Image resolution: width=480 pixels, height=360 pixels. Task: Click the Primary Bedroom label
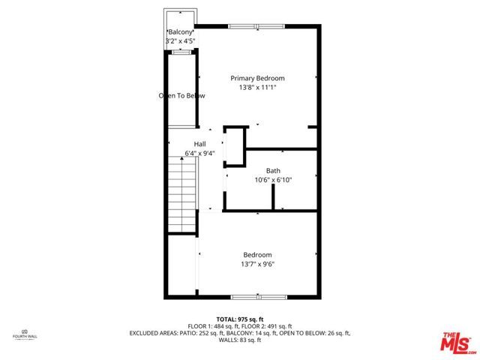[x=257, y=78]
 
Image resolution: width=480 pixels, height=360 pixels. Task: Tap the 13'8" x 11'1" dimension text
[x=257, y=88]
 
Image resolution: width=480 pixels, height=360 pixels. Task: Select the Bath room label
[x=273, y=170]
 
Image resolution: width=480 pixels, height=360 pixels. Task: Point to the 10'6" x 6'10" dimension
[x=273, y=180]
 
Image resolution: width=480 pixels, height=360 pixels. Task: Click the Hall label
[x=199, y=144]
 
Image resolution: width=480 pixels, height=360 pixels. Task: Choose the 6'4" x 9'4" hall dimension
[x=199, y=154]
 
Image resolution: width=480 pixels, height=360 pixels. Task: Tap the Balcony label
[x=180, y=32]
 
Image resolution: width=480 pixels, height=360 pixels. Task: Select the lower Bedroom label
[x=256, y=254]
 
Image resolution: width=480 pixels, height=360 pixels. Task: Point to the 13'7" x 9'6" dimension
[x=256, y=264]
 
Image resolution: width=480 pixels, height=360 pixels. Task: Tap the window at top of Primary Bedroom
[x=256, y=27]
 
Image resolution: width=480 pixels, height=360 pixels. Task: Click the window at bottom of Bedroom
[x=258, y=297]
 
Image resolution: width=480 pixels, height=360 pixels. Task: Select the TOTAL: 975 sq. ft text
[x=240, y=319]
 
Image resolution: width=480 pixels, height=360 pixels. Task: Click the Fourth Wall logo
[x=25, y=334]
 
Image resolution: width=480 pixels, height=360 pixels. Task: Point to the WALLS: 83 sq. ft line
[x=240, y=340]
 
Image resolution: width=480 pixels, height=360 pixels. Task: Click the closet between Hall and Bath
[x=234, y=145]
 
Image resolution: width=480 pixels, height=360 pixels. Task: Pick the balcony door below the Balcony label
[x=181, y=52]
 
